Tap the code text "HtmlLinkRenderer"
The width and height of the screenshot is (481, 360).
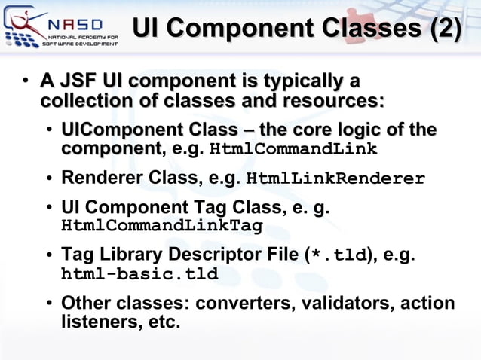[336, 179]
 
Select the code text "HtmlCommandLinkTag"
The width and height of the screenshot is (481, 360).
[161, 225]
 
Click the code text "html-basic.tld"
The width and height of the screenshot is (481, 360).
[139, 274]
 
